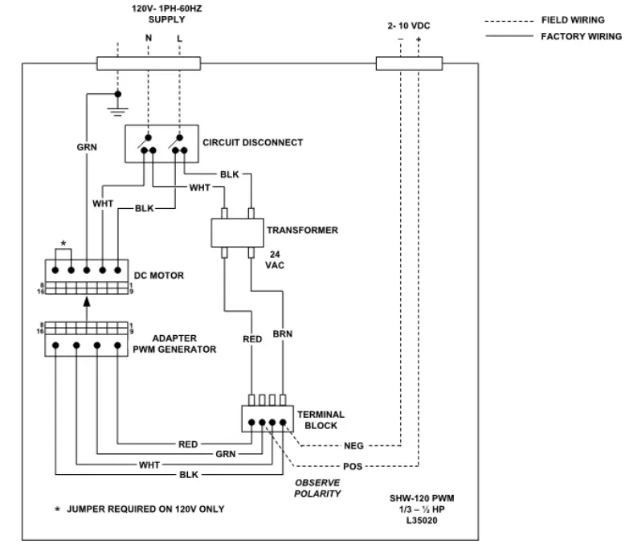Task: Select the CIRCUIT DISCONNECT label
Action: pos(252,143)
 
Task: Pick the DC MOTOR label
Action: pos(159,276)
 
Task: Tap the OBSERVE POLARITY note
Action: pos(318,488)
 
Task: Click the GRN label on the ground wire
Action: pos(87,147)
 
